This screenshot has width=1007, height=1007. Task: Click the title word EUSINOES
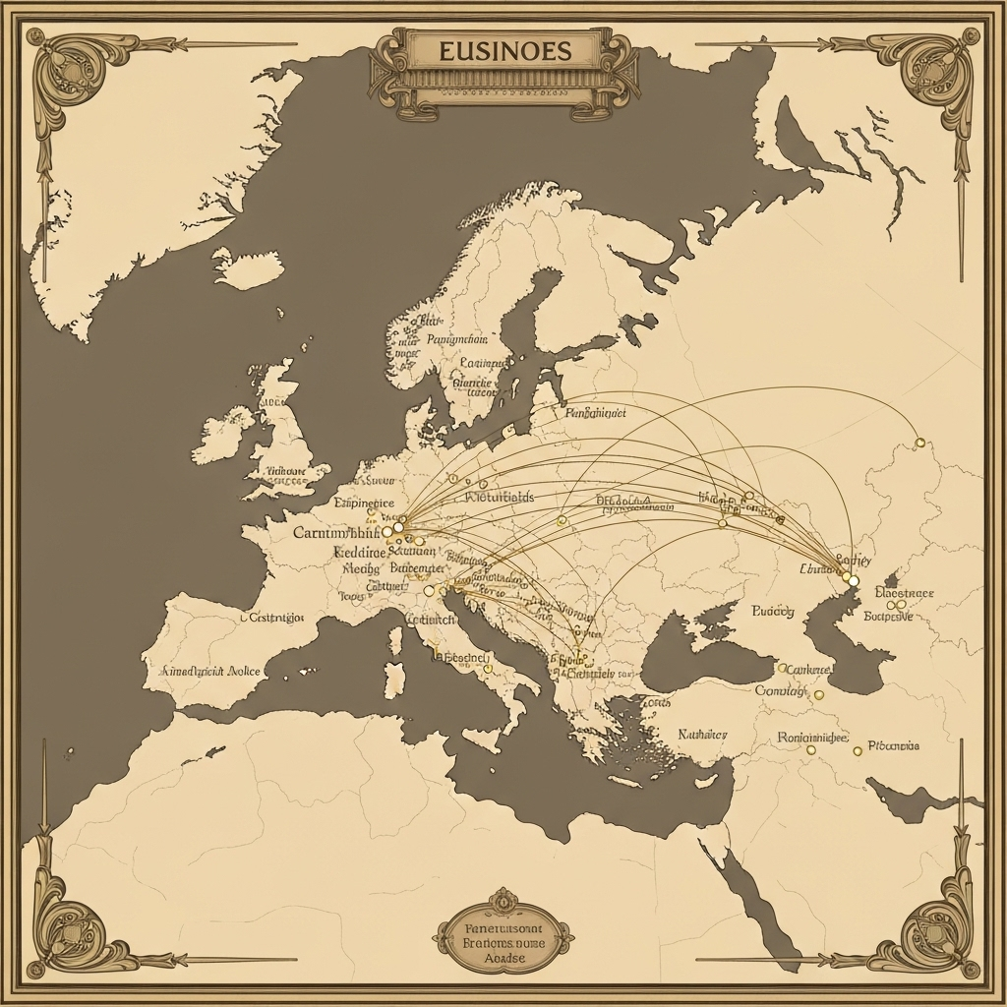coord(503,50)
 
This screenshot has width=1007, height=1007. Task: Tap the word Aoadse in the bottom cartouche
coord(503,957)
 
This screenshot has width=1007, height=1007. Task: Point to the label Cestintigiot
coord(272,619)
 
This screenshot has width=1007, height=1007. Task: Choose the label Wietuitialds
coord(500,498)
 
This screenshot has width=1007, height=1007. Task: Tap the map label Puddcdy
coord(772,612)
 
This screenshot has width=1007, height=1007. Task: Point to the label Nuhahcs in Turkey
coord(702,735)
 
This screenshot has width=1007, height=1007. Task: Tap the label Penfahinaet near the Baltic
coord(596,414)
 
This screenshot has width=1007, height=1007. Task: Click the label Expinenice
coord(364,503)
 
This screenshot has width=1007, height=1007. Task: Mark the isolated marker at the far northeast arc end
coord(919,443)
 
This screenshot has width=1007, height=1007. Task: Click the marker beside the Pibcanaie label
coord(858,750)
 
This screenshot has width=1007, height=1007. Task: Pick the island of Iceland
coord(246,268)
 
